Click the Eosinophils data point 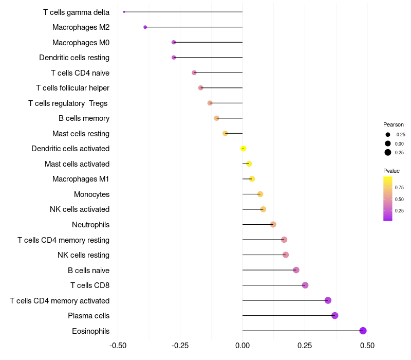[x=363, y=331]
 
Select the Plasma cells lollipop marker [x=335, y=316]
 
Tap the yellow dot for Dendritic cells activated [x=244, y=149]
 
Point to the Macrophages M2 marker [x=145, y=27]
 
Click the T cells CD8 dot [x=305, y=285]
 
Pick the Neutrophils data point [x=273, y=225]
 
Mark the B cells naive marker [x=296, y=270]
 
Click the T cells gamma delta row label [x=76, y=12]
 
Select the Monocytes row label [x=91, y=194]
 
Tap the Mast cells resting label [x=81, y=134]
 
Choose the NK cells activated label [x=80, y=209]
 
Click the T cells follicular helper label [x=72, y=88]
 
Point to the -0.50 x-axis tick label [x=118, y=345]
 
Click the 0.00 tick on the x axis [x=242, y=345]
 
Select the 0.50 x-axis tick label [x=367, y=345]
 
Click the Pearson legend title [x=394, y=124]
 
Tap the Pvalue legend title [x=391, y=171]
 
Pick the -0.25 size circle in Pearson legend [x=388, y=135]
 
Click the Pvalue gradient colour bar [x=388, y=199]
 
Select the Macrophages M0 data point [x=174, y=42]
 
